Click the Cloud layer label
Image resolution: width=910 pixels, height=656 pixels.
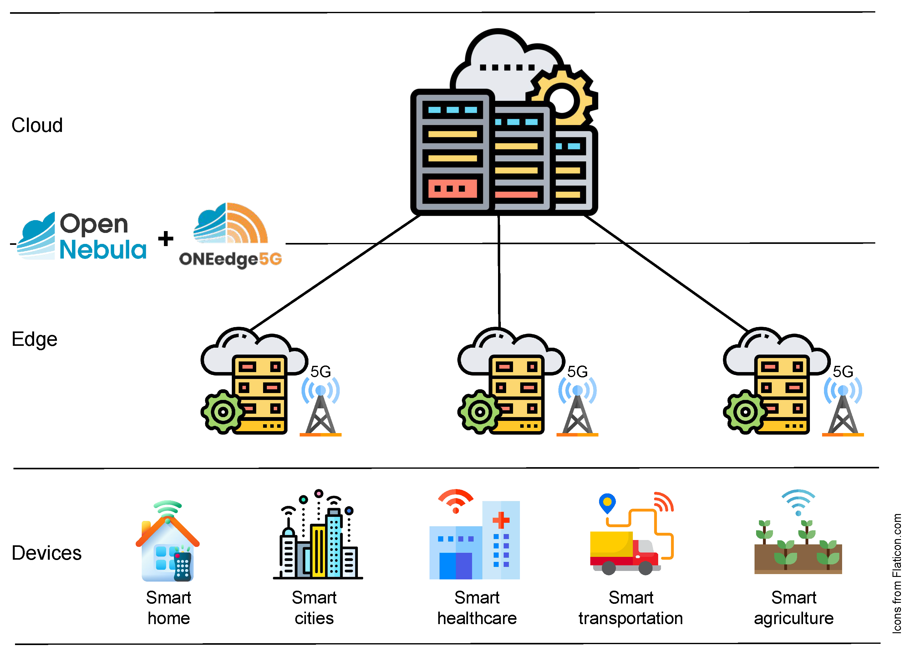click(37, 125)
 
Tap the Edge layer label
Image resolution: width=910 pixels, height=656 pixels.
click(34, 339)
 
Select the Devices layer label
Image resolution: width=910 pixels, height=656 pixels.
click(47, 553)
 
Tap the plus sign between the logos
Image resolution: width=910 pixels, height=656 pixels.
click(166, 239)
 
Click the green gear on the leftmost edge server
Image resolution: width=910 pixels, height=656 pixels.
click(223, 412)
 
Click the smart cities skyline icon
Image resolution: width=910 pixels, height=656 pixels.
click(318, 537)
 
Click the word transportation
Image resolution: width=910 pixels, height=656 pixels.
click(630, 618)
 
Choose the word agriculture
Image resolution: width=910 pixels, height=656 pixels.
click(793, 618)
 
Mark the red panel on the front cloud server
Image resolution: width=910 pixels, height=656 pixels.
click(452, 189)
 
